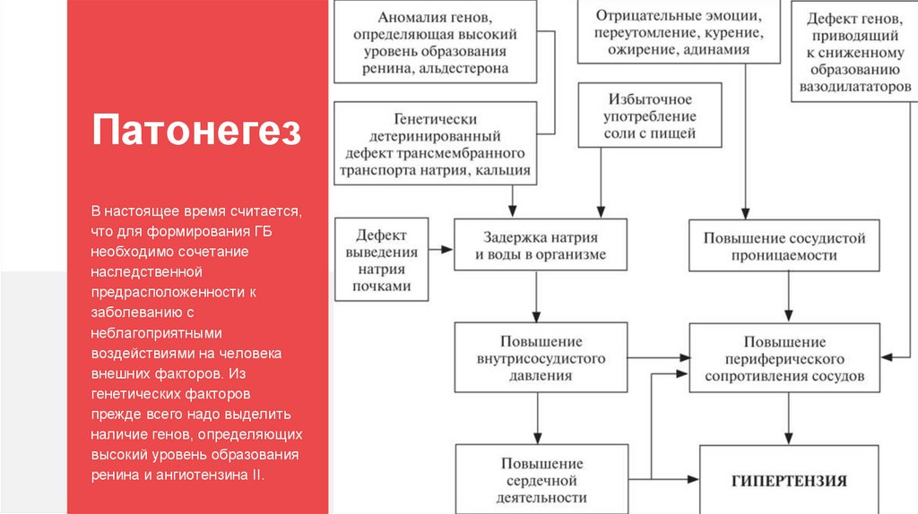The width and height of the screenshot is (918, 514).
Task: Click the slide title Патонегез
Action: tap(195, 131)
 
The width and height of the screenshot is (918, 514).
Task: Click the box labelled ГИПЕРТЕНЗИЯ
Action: tap(789, 481)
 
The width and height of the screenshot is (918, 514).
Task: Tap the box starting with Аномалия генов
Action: tap(436, 42)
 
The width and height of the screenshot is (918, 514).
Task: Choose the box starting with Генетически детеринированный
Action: tap(436, 144)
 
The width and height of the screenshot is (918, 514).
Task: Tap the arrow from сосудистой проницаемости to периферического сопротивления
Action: tap(789, 297)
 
